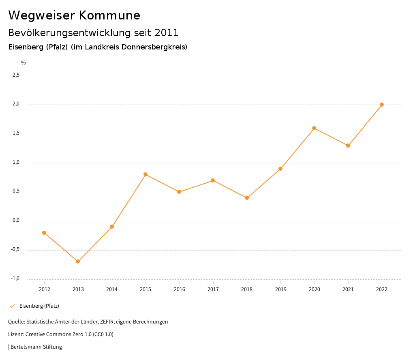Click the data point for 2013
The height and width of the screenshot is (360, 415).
pyautogui.click(x=78, y=261)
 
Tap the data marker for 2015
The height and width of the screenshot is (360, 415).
pyautogui.click(x=145, y=174)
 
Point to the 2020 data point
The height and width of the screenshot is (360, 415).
pyautogui.click(x=314, y=128)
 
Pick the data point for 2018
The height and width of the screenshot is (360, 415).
pyautogui.click(x=247, y=198)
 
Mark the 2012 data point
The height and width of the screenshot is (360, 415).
pyautogui.click(x=44, y=233)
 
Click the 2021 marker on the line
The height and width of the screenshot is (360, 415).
pyautogui.click(x=348, y=146)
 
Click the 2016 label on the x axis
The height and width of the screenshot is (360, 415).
pyautogui.click(x=179, y=289)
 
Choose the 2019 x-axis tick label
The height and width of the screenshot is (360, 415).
pyautogui.click(x=280, y=289)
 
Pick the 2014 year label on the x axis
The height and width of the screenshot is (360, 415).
pyautogui.click(x=112, y=289)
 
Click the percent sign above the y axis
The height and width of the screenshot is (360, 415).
pyautogui.click(x=24, y=63)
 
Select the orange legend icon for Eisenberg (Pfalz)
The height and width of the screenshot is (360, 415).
pyautogui.click(x=12, y=306)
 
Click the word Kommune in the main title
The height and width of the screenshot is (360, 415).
pyautogui.click(x=110, y=15)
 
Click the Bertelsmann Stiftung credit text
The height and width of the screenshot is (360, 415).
pyautogui.click(x=36, y=347)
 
